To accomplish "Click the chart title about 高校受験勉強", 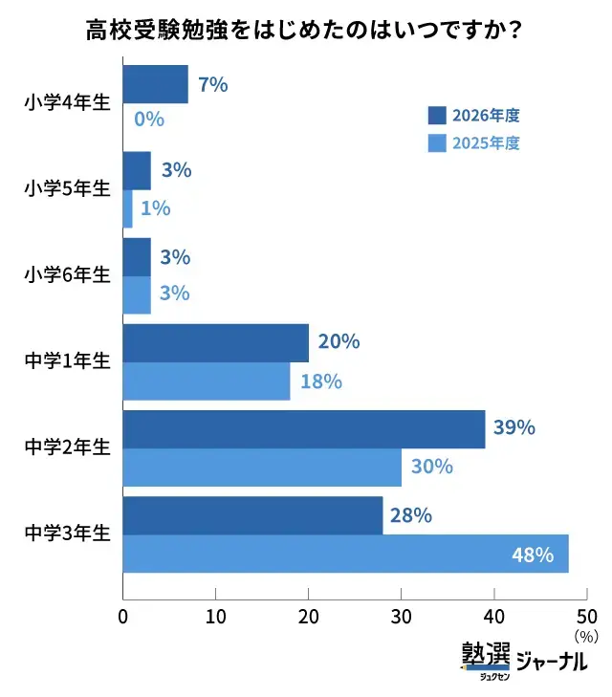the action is [x=303, y=31].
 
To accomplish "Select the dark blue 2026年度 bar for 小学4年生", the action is [x=156, y=84].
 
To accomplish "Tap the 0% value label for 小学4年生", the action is [x=149, y=120].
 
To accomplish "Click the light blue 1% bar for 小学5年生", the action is [x=127, y=208].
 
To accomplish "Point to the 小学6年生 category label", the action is [x=67, y=274].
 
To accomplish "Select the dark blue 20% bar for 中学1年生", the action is [x=216, y=343].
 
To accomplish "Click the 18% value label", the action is [x=321, y=381].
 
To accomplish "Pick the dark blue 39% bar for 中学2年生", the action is [x=304, y=429].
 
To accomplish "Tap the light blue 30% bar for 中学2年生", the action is [x=262, y=468].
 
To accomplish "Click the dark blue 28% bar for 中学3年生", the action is [x=252, y=515].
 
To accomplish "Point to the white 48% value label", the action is [x=533, y=555].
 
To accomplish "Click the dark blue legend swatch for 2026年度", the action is [x=437, y=116].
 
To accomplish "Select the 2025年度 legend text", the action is [x=486, y=143].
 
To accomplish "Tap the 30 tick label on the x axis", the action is [x=401, y=617].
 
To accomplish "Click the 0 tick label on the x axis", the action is [x=123, y=617].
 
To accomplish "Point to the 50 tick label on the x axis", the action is [x=587, y=617].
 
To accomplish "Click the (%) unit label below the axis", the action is [x=586, y=637].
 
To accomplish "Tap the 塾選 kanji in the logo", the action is [x=486, y=653].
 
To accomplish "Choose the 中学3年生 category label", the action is [x=67, y=533].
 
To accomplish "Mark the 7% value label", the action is [x=213, y=84].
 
